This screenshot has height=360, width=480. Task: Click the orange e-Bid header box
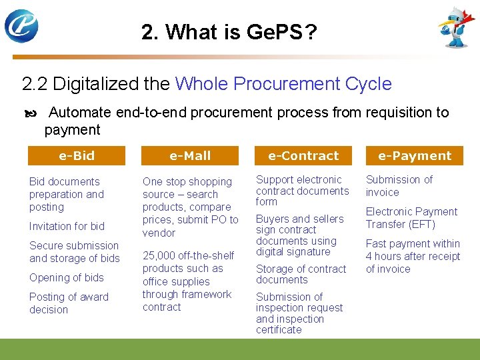point(77,156)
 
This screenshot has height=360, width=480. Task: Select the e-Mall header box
point(190,156)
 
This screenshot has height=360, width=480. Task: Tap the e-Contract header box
point(303,156)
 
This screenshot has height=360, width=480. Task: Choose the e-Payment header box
point(415,156)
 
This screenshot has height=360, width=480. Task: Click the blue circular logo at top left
point(21,26)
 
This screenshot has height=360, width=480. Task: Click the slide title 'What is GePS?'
point(229,31)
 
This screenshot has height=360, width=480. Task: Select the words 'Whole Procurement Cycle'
point(283,84)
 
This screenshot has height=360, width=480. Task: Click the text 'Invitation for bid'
point(67,226)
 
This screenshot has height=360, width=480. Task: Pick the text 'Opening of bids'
point(67,277)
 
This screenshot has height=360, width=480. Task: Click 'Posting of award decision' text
point(68,303)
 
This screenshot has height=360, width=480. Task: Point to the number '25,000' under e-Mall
point(159,255)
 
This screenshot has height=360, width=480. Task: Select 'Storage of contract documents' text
point(301,274)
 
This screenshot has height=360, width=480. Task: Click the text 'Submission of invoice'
point(399,186)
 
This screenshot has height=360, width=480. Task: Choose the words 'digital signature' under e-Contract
point(293,252)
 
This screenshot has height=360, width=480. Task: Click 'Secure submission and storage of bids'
point(74,252)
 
